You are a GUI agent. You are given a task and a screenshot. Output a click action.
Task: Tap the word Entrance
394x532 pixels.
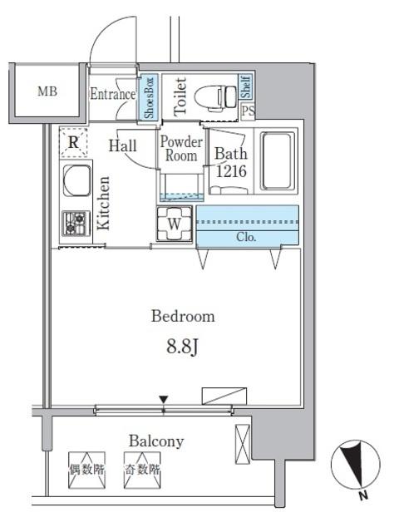click(112, 94)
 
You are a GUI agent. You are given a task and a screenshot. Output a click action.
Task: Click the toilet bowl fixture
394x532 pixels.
click(218, 97)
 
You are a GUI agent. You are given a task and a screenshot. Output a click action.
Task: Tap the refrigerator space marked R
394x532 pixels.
click(74, 143)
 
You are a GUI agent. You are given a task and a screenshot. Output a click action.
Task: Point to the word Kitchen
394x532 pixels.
click(104, 204)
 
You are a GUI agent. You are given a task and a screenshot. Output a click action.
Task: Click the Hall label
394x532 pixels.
click(124, 146)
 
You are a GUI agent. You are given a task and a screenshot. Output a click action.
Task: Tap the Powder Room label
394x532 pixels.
click(181, 149)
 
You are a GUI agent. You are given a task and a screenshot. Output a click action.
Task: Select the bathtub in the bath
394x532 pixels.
click(277, 161)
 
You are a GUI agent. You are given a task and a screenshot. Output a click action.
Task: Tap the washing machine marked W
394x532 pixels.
click(175, 224)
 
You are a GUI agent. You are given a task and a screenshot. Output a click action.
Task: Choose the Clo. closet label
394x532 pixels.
click(247, 237)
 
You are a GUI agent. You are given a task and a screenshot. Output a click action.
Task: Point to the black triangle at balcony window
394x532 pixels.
click(164, 401)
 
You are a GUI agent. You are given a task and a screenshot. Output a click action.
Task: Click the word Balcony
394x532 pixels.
click(155, 441)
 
